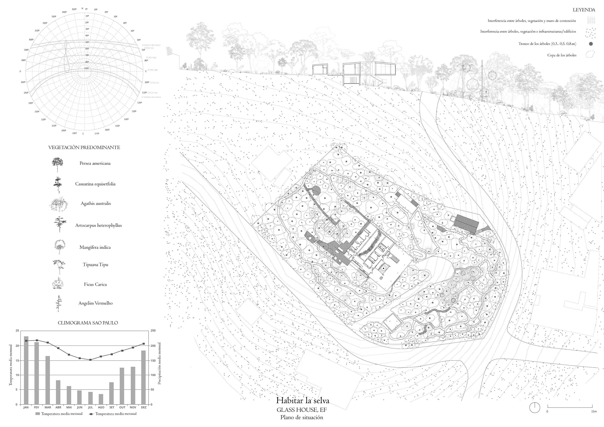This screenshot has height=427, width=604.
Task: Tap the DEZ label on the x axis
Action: (x=144, y=407)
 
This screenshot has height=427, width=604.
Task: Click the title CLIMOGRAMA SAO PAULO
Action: (x=88, y=323)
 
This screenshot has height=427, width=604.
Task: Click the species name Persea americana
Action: (x=95, y=163)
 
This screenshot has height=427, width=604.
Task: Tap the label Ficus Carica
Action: (x=95, y=284)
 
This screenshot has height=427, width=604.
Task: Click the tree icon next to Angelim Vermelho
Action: (x=58, y=303)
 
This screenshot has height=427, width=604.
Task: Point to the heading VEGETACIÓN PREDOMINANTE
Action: (x=84, y=148)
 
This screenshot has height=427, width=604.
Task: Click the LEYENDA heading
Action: (x=584, y=10)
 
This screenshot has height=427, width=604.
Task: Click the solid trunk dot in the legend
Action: (x=591, y=44)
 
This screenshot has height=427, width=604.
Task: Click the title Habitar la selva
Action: (x=303, y=401)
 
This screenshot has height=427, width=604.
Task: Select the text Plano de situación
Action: (x=301, y=417)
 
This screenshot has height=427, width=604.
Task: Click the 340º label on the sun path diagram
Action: (x=64, y=12)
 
